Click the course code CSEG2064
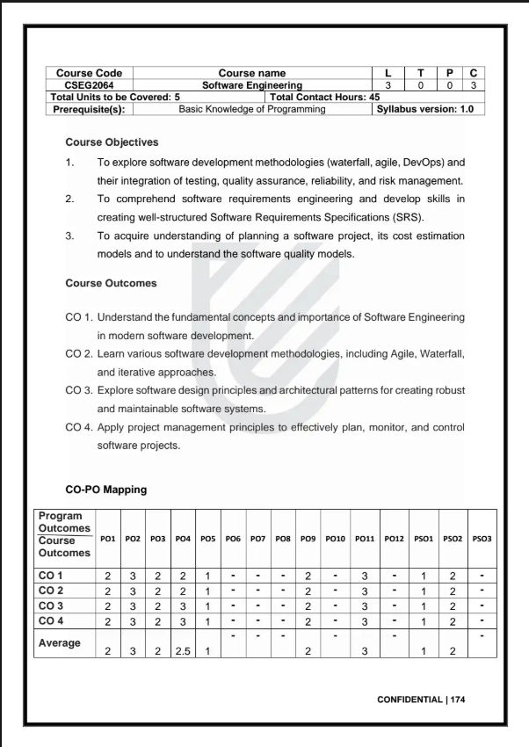[x=89, y=85]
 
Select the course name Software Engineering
[x=251, y=85]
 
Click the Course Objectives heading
[x=112, y=141]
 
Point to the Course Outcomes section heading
[x=111, y=283]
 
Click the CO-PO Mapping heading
[x=106, y=489]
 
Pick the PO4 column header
[x=183, y=538]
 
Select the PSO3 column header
[x=482, y=538]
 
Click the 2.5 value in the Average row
[x=183, y=650]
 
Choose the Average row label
[x=59, y=642]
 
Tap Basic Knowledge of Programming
[x=251, y=109]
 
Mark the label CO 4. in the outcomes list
[x=79, y=427]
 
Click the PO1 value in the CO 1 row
[x=107, y=575]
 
